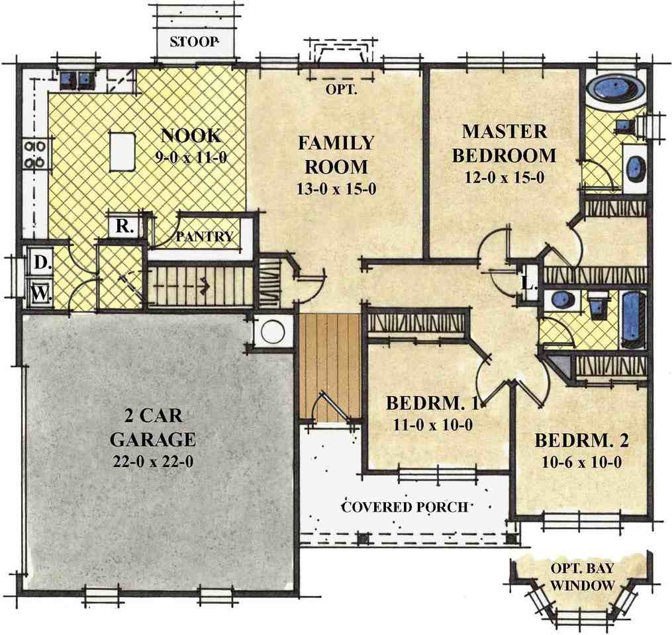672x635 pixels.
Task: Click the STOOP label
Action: click(x=194, y=42)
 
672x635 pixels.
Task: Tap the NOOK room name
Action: click(x=191, y=136)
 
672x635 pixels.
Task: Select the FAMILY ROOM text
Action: click(x=336, y=155)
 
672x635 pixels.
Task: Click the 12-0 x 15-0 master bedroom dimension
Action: click(x=504, y=177)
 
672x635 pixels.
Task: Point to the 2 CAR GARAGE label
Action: click(x=153, y=427)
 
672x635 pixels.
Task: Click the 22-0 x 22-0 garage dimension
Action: click(x=153, y=462)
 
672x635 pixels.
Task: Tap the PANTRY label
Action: click(x=205, y=236)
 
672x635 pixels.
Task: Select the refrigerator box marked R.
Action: click(x=124, y=226)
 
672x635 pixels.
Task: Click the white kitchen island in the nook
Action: click(x=123, y=151)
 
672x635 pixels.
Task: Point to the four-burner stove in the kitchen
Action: click(x=34, y=155)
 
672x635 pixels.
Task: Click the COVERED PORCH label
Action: click(x=404, y=507)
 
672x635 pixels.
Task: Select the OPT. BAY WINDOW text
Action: click(x=583, y=577)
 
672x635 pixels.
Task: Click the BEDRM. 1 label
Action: click(x=432, y=403)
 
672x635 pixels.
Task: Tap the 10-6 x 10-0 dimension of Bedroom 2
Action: click(x=581, y=462)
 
